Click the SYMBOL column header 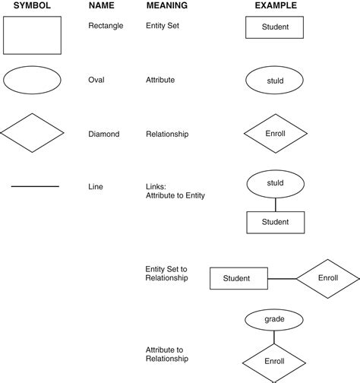pyautogui.click(x=31, y=6)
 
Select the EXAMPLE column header pyautogui.click(x=276, y=6)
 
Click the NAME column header pyautogui.click(x=102, y=6)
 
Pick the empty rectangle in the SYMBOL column pyautogui.click(x=31, y=35)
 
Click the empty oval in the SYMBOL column pyautogui.click(x=31, y=81)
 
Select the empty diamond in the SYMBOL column pyautogui.click(x=31, y=134)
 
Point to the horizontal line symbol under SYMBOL pyautogui.click(x=35, y=186)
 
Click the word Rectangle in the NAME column pyautogui.click(x=106, y=26)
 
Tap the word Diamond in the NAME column pyautogui.click(x=104, y=135)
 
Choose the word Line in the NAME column pyautogui.click(x=96, y=186)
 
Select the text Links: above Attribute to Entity pyautogui.click(x=156, y=186)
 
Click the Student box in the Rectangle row pyautogui.click(x=275, y=28)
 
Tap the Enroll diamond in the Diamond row pyautogui.click(x=275, y=134)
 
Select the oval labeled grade pyautogui.click(x=275, y=319)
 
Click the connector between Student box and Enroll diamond pyautogui.click(x=283, y=279)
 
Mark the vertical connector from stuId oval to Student pyautogui.click(x=275, y=204)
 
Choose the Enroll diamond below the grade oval pyautogui.click(x=275, y=360)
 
